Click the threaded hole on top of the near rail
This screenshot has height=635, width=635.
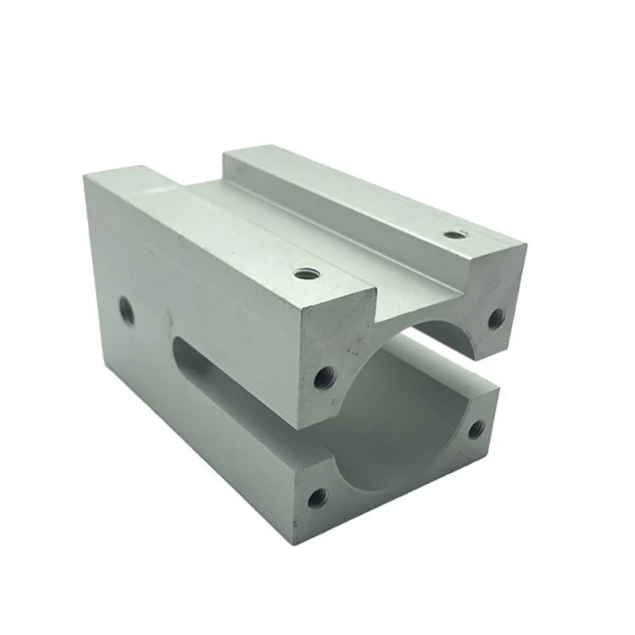(307, 274)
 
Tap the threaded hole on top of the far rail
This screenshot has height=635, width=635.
(453, 234)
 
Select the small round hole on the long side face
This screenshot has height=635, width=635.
(125, 310)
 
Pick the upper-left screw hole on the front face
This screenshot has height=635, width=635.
(323, 377)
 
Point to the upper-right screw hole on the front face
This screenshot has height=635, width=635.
(495, 318)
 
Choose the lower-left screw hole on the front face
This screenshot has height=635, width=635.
(317, 498)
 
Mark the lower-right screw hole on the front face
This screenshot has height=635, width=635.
(475, 429)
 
